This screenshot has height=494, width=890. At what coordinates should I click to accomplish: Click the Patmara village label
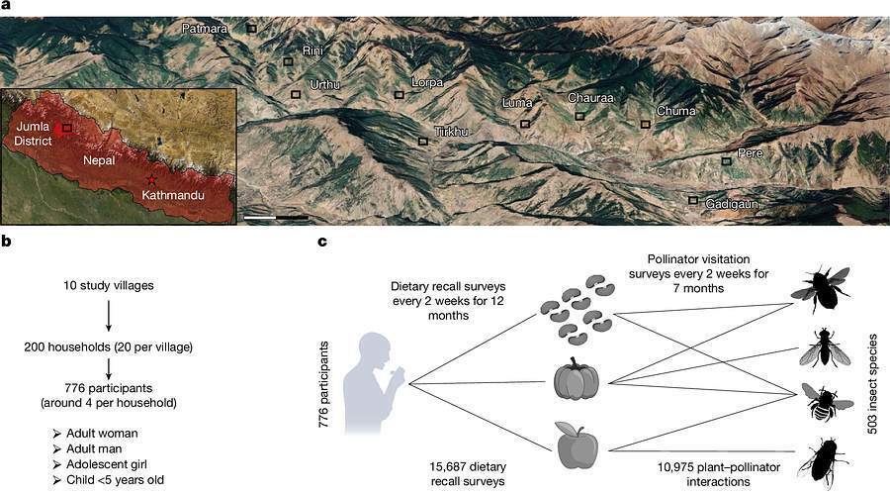pos(205,29)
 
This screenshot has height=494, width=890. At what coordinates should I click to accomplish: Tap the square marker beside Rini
pos(289,61)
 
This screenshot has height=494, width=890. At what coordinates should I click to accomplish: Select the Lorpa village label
pos(427,82)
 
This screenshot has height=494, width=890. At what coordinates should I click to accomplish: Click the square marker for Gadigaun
pos(693,200)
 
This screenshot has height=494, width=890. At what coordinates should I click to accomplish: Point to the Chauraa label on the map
pos(591,98)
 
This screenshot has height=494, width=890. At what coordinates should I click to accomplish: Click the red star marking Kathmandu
pos(151,180)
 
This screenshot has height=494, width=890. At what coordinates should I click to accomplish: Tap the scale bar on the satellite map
pos(277,218)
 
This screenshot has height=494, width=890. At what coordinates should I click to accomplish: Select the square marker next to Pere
pos(727,161)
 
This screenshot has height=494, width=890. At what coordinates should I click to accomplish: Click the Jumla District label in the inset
pos(33,134)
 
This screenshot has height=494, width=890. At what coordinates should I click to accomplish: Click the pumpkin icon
pos(577,379)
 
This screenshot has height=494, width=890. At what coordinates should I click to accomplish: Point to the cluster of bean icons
pos(577,311)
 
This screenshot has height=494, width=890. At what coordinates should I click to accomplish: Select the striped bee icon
pos(827,403)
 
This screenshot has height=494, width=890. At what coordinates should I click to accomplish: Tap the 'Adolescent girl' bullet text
pos(107,464)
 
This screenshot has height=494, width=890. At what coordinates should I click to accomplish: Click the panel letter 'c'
pos(321,241)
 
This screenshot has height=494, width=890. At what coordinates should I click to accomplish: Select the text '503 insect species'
pos(873,384)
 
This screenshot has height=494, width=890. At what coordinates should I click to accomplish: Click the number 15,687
pos(447,467)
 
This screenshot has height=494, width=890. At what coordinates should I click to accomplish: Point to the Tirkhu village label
pos(451,132)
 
